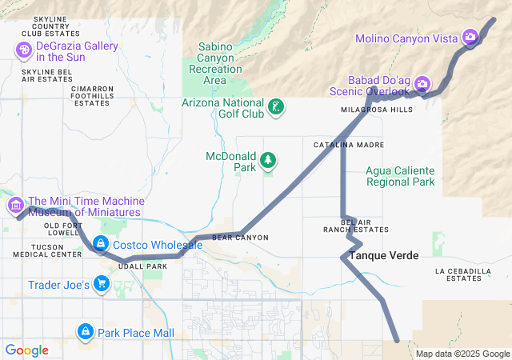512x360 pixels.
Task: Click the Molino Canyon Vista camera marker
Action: click(470, 37)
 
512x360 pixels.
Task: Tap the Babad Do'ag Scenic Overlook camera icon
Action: click(422, 83)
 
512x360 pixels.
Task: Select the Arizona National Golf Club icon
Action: click(276, 107)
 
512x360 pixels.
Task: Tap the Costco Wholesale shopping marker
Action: click(101, 243)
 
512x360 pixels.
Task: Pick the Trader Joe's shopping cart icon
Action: click(101, 284)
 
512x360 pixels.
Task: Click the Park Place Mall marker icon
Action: click(86, 331)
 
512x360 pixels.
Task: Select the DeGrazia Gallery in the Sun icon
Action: click(23, 50)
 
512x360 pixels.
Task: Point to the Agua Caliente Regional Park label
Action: click(400, 176)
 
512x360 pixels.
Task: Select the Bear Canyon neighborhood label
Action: click(240, 238)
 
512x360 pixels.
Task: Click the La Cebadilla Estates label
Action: click(463, 275)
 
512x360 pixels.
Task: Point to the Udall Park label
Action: click(142, 266)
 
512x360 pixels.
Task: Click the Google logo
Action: click(26, 350)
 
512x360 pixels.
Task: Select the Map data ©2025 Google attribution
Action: click(462, 354)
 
